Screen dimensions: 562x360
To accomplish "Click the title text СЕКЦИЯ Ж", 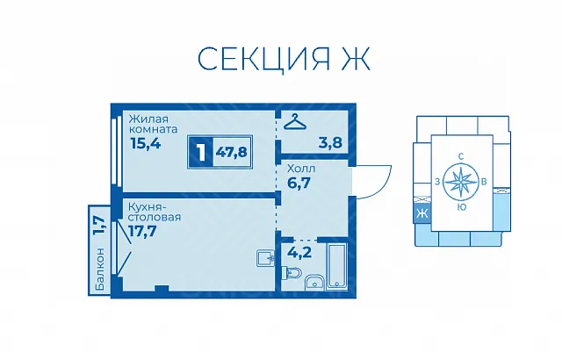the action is (x=284, y=58).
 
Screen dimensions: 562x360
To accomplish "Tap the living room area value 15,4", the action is (x=146, y=143).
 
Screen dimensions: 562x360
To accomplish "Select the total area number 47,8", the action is (x=232, y=152).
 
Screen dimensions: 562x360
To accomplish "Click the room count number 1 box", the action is (x=201, y=152).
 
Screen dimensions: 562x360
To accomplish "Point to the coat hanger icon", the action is (x=295, y=122).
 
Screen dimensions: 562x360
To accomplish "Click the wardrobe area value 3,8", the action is (x=330, y=142).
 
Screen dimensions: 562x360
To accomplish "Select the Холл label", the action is (x=301, y=169).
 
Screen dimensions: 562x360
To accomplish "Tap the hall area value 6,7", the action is (x=299, y=183).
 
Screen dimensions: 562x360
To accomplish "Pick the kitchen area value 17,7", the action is (x=142, y=231).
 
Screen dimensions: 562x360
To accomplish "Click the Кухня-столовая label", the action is (x=155, y=212).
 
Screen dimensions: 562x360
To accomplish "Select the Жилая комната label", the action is (x=154, y=124).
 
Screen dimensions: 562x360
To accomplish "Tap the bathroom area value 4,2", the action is (x=299, y=253).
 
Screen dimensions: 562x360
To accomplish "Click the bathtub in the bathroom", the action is (x=336, y=265).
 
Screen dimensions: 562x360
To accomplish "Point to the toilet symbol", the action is (x=291, y=274).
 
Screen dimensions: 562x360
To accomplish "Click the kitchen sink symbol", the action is (x=265, y=258).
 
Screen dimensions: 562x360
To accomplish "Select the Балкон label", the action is (x=100, y=269).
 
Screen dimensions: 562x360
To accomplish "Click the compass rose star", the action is (x=460, y=182).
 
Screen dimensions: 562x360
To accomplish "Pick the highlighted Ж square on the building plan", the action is (x=421, y=214).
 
